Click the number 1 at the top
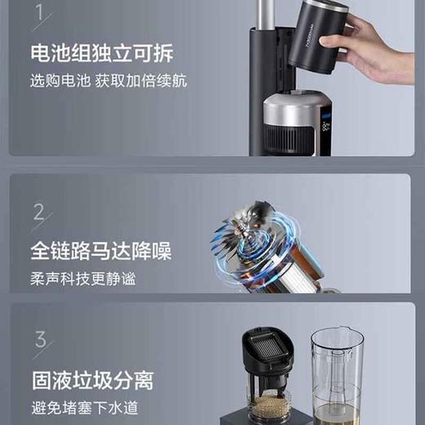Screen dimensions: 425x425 point(38,14)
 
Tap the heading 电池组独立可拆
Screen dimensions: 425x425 point(101,54)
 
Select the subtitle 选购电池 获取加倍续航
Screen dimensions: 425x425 point(108,82)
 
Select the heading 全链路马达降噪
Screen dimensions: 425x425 point(101,249)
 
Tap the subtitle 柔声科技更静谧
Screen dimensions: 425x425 point(83,278)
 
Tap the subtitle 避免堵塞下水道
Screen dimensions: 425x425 point(83,407)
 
